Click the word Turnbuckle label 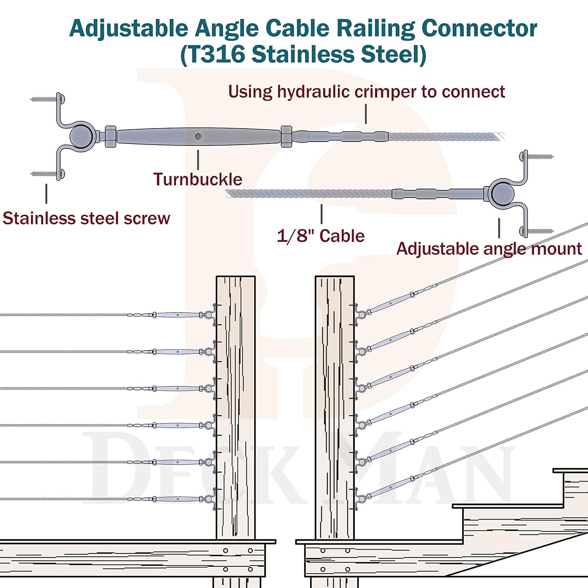(198, 180)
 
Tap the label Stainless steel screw (86, 218)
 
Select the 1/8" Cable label (321, 236)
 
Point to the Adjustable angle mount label (489, 249)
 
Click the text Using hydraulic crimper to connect (366, 92)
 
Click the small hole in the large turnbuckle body (198, 136)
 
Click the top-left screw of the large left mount (44, 99)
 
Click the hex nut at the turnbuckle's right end (286, 136)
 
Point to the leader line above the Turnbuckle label (198, 160)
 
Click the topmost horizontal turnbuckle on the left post (177, 315)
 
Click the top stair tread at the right (570, 470)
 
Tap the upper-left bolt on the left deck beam (225, 550)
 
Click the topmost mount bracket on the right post (359, 314)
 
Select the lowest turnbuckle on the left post (177, 499)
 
